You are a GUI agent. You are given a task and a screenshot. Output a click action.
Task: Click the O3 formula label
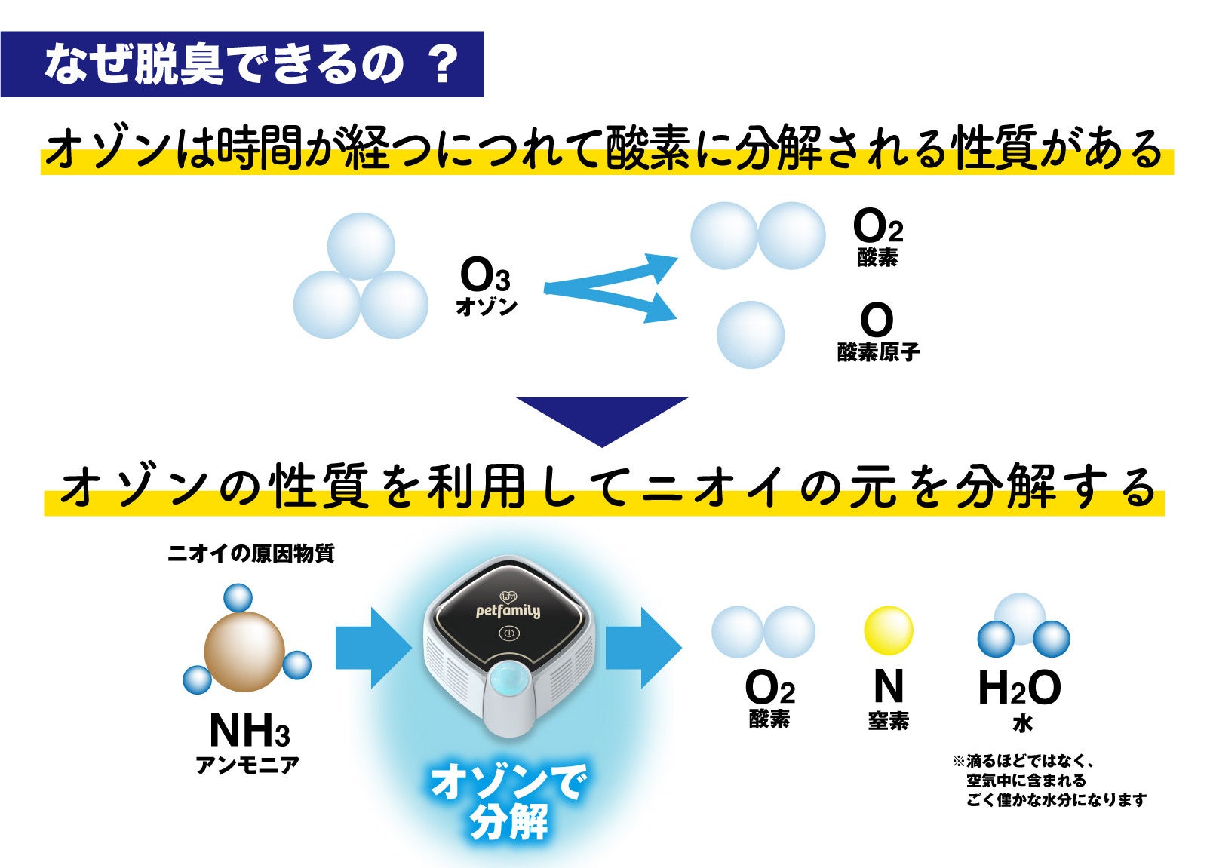tap(485, 276)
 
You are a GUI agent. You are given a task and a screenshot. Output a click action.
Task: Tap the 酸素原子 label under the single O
tap(878, 352)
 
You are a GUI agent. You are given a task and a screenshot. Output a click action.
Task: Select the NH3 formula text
tap(249, 730)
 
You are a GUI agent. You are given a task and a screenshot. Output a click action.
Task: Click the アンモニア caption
tap(247, 765)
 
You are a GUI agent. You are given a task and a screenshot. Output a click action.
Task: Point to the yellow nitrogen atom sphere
tap(888, 630)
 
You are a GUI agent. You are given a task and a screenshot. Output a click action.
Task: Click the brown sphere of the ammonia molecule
tap(244, 650)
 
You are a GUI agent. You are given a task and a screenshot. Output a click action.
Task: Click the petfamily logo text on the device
tap(508, 610)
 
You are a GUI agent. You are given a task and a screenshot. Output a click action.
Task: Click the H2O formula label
tap(1019, 689)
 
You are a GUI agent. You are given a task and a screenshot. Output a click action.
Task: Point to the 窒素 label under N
tap(888, 721)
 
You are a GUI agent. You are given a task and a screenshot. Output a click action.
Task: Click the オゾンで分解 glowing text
tap(508, 802)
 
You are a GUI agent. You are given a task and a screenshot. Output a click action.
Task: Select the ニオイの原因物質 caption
tap(250, 554)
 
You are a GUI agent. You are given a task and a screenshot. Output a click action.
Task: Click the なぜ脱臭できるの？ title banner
tap(242, 64)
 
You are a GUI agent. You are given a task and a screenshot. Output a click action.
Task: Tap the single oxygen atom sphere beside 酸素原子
tap(750, 335)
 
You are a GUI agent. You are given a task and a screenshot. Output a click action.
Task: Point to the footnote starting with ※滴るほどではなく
tap(1049, 781)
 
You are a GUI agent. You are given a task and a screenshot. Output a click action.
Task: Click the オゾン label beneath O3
tap(487, 307)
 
